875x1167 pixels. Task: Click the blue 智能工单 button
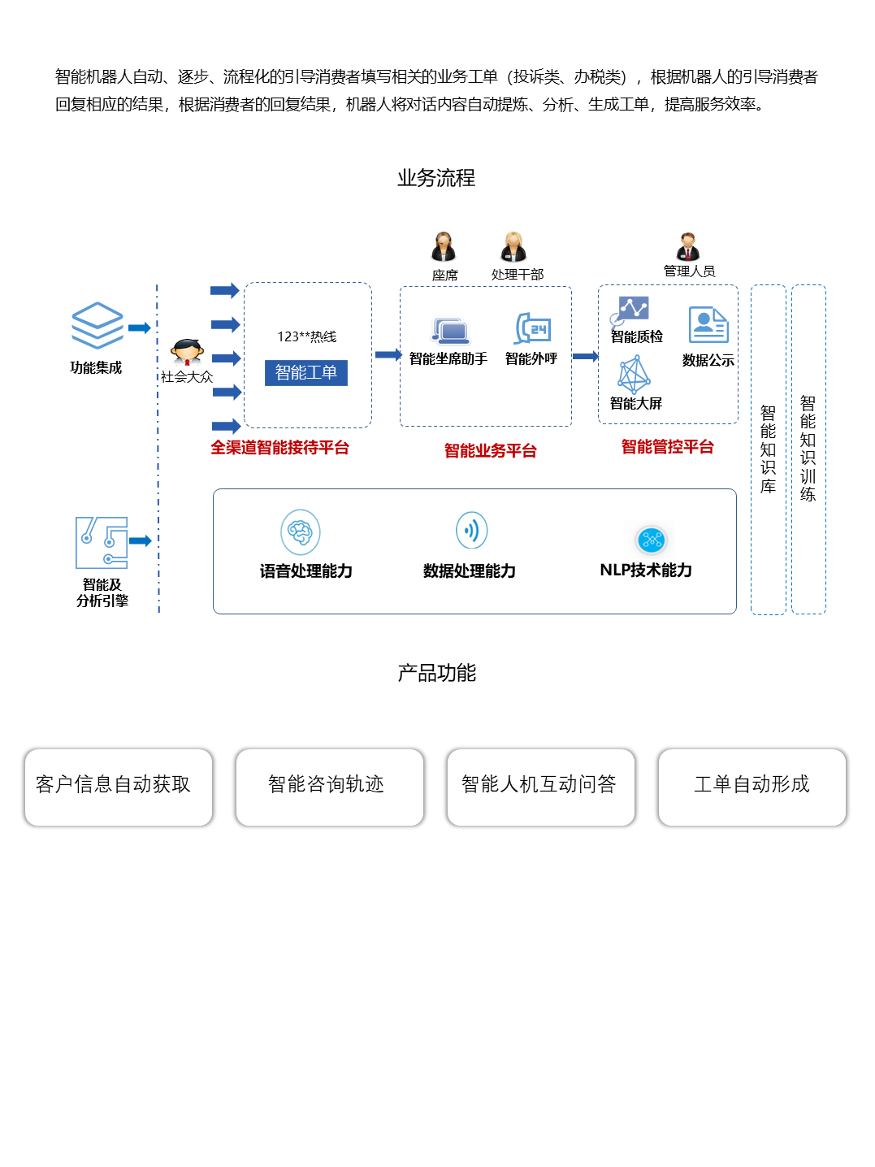(305, 373)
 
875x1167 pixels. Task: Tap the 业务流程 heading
(436, 178)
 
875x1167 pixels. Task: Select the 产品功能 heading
(436, 673)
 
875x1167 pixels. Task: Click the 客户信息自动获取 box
(119, 787)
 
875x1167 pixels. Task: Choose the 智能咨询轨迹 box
(329, 787)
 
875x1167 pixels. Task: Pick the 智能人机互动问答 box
(540, 787)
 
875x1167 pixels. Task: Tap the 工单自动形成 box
(752, 787)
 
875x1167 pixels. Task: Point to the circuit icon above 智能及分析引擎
(102, 542)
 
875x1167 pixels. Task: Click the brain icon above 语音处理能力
(301, 532)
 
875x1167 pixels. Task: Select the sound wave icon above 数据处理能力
(471, 531)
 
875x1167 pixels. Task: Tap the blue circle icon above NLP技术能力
(652, 540)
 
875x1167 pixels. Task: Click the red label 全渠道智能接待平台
(279, 448)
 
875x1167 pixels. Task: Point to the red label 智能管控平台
(667, 447)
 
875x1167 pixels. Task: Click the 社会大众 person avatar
(187, 352)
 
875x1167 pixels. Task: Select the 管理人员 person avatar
(688, 246)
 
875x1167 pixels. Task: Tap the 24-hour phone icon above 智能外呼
(533, 328)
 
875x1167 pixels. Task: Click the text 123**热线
(306, 336)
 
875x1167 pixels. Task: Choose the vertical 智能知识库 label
(768, 449)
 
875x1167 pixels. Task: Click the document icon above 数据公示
(708, 325)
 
